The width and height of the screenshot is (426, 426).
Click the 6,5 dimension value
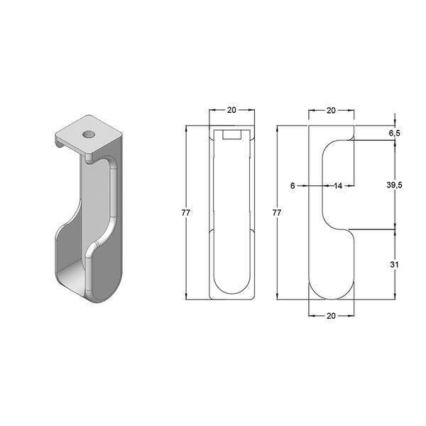395,133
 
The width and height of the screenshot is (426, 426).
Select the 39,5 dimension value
394,185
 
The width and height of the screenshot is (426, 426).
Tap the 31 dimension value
394,264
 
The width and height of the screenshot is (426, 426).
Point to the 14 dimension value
338,186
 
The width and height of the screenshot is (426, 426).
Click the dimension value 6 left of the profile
293,186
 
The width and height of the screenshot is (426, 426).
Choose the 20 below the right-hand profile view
331,316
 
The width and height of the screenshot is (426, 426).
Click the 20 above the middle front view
231,110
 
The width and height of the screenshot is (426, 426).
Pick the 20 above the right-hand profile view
331,111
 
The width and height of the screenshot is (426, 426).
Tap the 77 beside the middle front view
186,213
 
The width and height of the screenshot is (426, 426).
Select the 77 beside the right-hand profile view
277,213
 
